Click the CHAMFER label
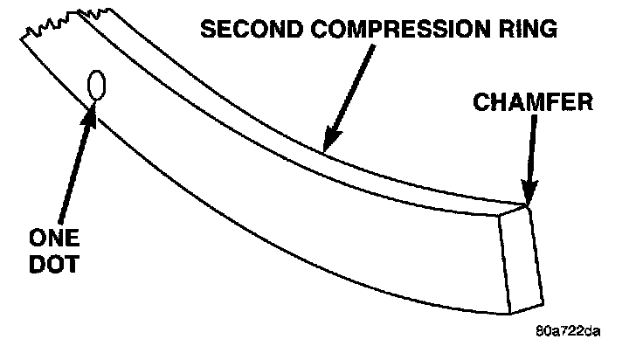click(534, 102)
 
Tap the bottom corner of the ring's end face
click(509, 313)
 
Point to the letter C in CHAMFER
click(482, 102)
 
